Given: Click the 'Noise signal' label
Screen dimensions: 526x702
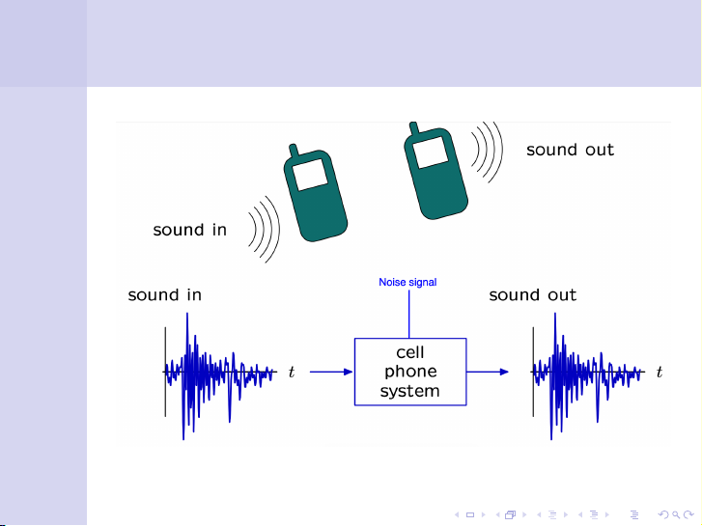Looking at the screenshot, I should point(407,283).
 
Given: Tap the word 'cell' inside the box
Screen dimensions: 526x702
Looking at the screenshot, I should point(410,352).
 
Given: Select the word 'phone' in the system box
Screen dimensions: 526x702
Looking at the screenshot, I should point(410,372).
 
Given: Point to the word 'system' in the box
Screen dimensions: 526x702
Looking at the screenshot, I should point(410,391).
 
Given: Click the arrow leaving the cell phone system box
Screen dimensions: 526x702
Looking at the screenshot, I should point(488,372).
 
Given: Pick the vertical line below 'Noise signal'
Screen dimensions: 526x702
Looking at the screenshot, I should point(409,314).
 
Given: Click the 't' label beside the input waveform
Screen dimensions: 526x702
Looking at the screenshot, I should point(291,373).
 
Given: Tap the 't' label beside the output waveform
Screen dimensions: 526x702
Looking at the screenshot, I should point(660,373).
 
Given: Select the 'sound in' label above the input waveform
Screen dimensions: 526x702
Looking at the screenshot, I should point(165,295).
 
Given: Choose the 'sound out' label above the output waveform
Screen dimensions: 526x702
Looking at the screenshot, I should point(532,295).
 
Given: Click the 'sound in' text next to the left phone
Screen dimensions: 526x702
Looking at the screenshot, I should point(190,230).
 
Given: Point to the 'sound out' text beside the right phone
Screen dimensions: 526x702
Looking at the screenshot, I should point(570,150).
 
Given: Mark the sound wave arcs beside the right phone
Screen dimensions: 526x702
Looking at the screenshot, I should point(489,152).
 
